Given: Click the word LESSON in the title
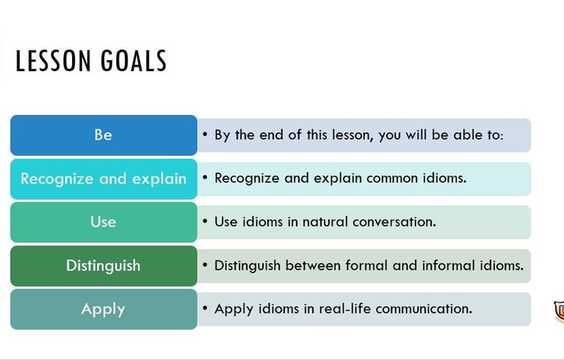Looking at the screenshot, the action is pyautogui.click(x=53, y=61).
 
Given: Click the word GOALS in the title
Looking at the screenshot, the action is pyautogui.click(x=134, y=61).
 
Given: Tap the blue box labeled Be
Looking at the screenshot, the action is pyautogui.click(x=104, y=135).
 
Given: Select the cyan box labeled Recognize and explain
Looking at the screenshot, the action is pyautogui.click(x=104, y=179).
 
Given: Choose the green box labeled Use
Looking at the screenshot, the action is pyautogui.click(x=104, y=222).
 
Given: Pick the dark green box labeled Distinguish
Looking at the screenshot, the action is pyautogui.click(x=104, y=266).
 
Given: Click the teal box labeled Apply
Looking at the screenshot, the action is pyautogui.click(x=104, y=309).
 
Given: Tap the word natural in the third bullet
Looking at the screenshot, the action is pyautogui.click(x=325, y=222).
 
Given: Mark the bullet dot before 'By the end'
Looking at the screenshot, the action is pyautogui.click(x=205, y=134).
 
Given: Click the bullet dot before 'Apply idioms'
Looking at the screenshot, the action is pyautogui.click(x=205, y=308).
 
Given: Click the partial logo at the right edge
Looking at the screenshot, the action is pyautogui.click(x=560, y=311).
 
